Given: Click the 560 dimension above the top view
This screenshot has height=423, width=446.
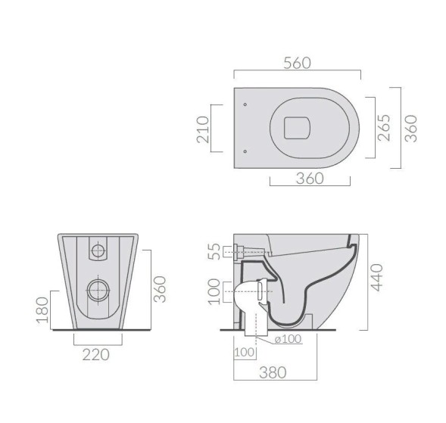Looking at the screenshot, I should (296, 64).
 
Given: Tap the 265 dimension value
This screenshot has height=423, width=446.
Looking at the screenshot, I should (384, 127).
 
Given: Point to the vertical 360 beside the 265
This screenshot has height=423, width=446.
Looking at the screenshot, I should (410, 127).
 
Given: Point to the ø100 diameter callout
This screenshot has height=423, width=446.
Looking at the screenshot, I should (287, 339).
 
